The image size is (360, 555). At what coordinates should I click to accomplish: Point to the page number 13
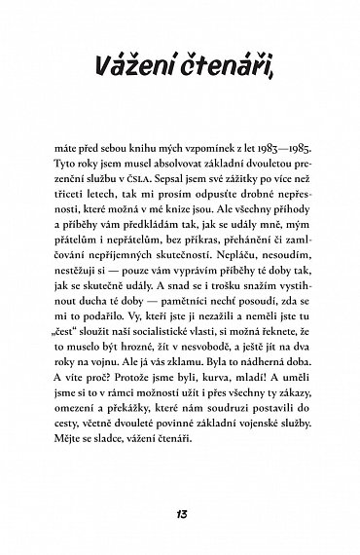[181, 514]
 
